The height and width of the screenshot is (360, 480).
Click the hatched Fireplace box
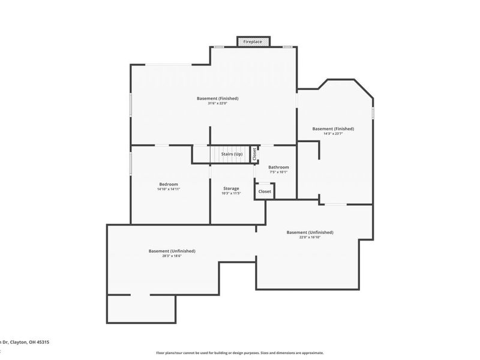[253, 41]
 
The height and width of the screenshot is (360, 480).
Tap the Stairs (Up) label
[232, 154]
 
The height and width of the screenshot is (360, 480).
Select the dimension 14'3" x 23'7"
[333, 134]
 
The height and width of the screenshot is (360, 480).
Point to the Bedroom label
[168, 184]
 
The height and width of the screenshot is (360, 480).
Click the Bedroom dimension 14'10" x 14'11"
[168, 190]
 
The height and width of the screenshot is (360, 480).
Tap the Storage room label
[231, 188]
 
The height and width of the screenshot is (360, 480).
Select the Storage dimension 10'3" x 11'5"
[231, 193]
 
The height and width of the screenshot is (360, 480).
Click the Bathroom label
[278, 167]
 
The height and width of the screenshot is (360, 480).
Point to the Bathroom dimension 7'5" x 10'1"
[278, 172]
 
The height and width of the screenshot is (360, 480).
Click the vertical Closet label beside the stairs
[254, 154]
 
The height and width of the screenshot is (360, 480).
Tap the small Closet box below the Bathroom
[265, 191]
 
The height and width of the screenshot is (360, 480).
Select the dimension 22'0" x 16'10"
[310, 237]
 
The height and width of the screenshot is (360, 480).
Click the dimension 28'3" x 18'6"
[172, 256]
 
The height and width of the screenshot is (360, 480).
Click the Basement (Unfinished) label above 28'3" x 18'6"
[172, 251]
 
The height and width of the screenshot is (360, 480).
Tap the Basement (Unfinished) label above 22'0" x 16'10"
[310, 232]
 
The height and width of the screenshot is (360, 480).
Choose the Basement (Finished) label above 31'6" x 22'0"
[218, 98]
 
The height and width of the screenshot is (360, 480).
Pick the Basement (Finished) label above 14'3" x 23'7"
[333, 128]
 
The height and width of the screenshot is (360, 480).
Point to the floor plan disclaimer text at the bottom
[240, 353]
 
